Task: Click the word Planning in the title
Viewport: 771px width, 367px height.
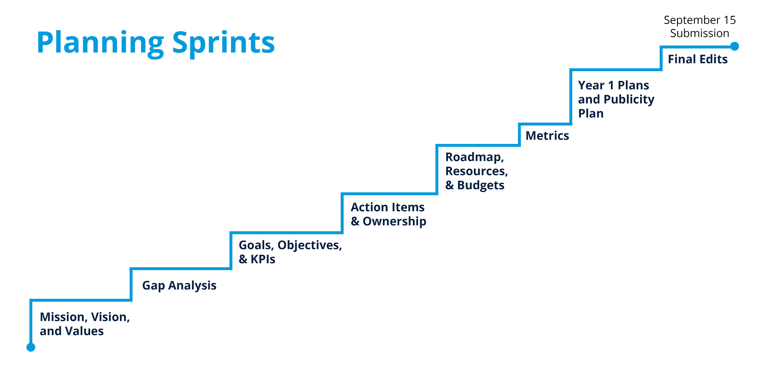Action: tap(100, 43)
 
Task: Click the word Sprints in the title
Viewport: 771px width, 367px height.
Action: tap(224, 43)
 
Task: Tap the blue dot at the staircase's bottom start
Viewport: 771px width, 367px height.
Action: tap(31, 347)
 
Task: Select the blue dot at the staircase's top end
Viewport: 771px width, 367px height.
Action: tap(735, 46)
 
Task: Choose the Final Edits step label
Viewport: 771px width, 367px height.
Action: tap(698, 59)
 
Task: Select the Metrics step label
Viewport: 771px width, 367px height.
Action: tap(547, 136)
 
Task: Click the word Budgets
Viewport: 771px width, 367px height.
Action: tap(481, 185)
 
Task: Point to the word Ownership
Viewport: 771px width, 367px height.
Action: tap(394, 221)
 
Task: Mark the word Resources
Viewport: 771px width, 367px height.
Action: tap(477, 171)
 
